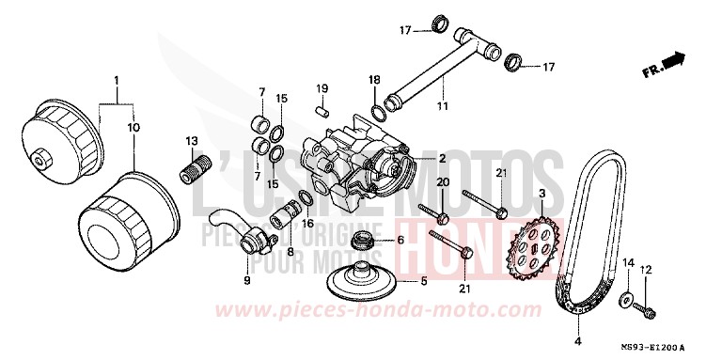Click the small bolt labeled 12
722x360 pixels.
pyautogui.click(x=647, y=306)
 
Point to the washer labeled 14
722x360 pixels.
pyautogui.click(x=624, y=300)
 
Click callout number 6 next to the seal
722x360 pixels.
pyautogui.click(x=400, y=240)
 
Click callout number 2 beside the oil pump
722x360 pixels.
pyautogui.click(x=442, y=159)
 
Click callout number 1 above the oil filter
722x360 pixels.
pyautogui.click(x=118, y=80)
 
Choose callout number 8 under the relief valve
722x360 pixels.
pyautogui.click(x=290, y=251)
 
